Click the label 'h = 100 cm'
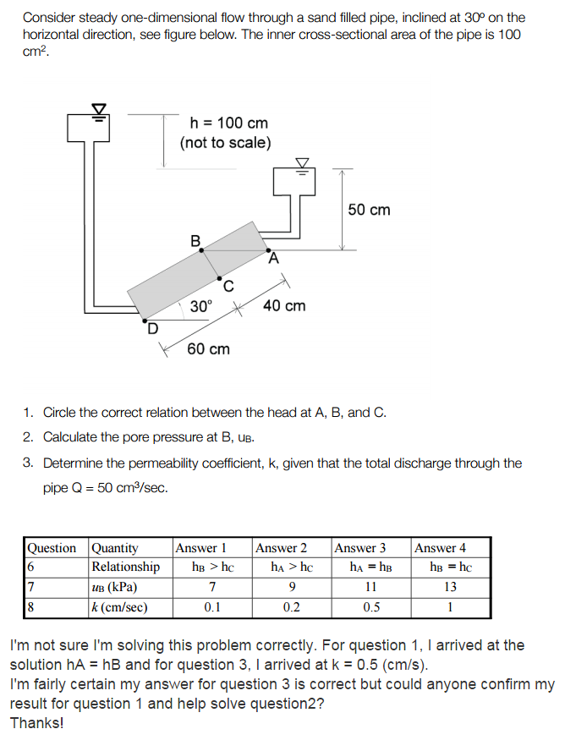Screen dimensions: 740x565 click(x=224, y=123)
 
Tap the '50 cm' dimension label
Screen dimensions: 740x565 click(x=370, y=209)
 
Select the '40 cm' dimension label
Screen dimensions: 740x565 click(x=285, y=305)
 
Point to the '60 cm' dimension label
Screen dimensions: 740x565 click(x=208, y=348)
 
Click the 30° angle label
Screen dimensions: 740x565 click(x=201, y=305)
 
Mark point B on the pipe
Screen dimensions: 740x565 click(x=200, y=250)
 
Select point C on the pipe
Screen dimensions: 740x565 click(x=220, y=278)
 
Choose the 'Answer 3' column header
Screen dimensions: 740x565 click(x=360, y=548)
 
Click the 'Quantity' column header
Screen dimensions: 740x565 click(x=115, y=548)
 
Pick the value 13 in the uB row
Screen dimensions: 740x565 click(x=450, y=586)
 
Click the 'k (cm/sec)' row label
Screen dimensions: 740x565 click(x=120, y=606)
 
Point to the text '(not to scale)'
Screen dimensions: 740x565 click(x=225, y=143)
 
